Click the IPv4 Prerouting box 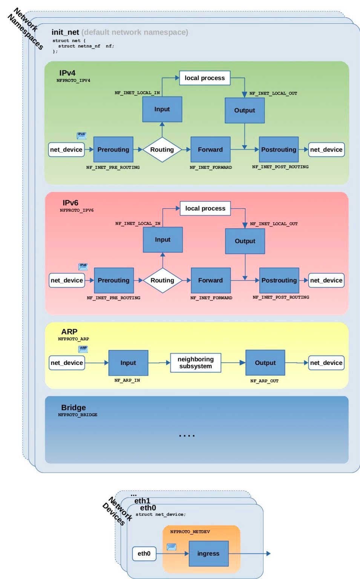coord(113,150)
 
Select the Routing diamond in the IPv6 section coord(162,280)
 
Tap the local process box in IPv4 coord(205,78)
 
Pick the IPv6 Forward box coord(210,280)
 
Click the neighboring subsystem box coord(196,363)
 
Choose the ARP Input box coord(128,363)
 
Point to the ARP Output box coord(265,363)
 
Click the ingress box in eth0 coord(208,553)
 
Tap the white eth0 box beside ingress coord(144,553)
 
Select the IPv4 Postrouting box coord(279,150)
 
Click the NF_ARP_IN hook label coord(127,380)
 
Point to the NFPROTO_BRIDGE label coord(78,415)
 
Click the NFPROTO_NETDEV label coord(190,532)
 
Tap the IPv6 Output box coord(245,241)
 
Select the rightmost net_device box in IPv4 coord(326,150)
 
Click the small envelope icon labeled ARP coord(83,349)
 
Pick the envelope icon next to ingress coord(172,547)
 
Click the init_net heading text coord(65,32)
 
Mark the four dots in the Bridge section coord(187,436)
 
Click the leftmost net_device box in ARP coord(67,363)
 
